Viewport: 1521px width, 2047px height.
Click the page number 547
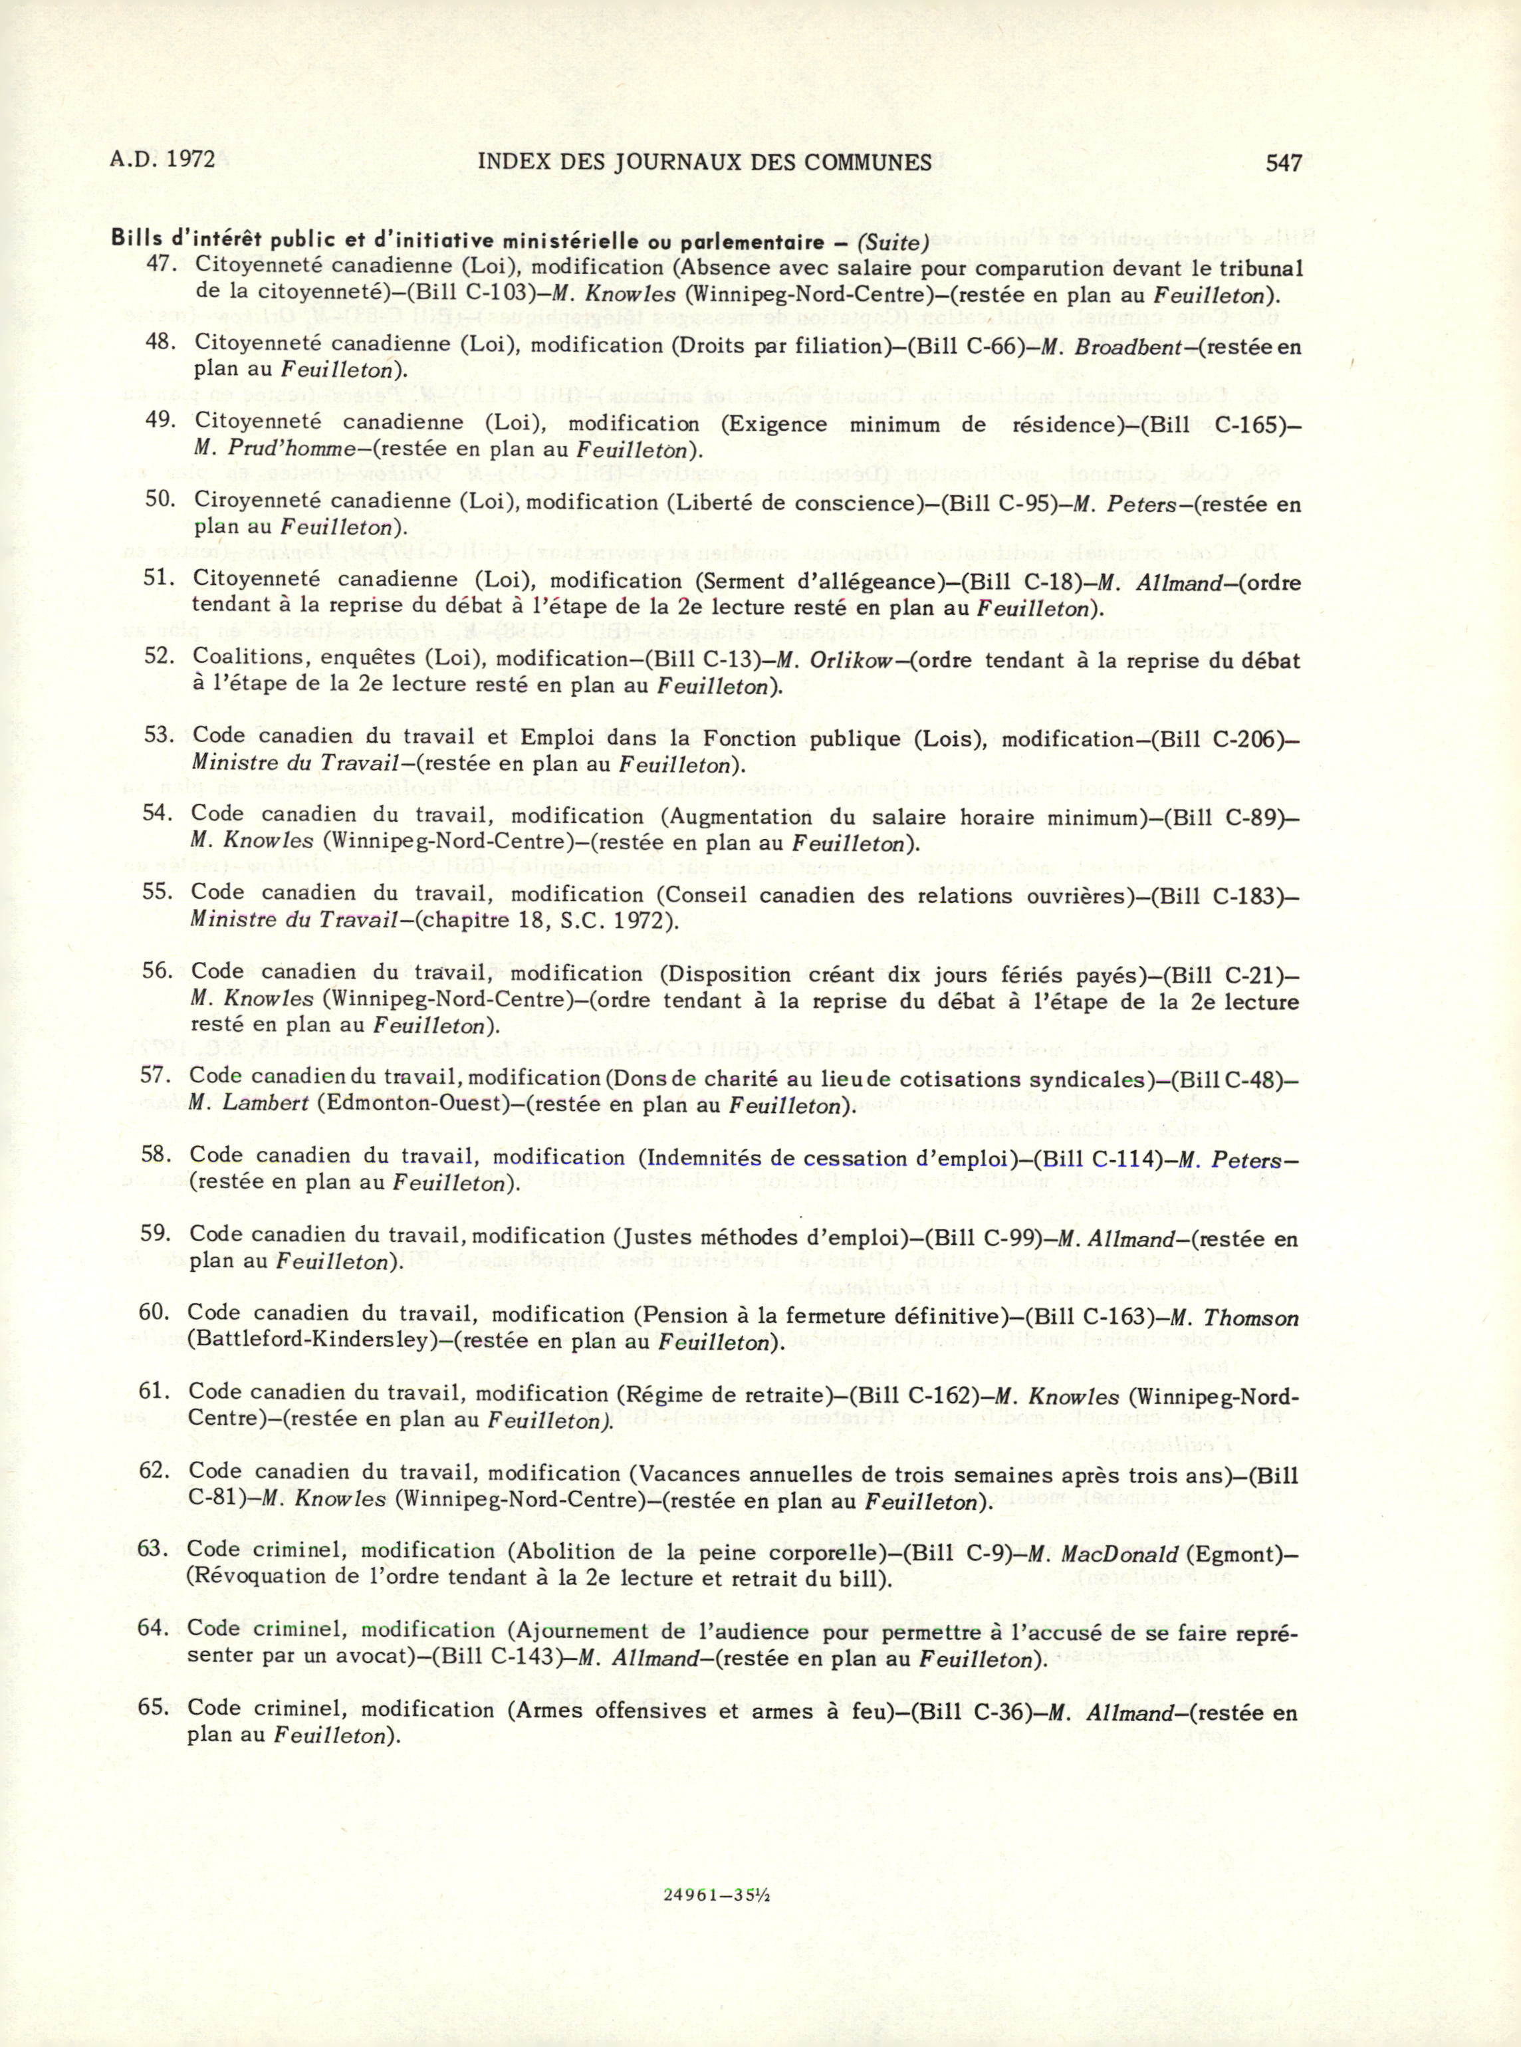(x=1284, y=163)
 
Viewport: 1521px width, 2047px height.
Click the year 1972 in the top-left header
(x=191, y=160)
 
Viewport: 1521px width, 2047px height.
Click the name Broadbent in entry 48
(x=1126, y=347)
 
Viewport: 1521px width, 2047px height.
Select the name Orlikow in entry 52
(x=852, y=661)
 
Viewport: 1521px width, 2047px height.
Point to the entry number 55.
(x=158, y=892)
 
